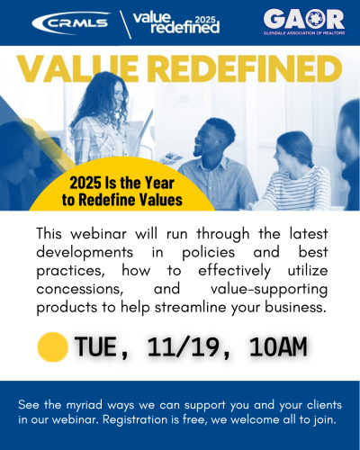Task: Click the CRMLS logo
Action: pyautogui.click(x=71, y=23)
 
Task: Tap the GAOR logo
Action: pyautogui.click(x=304, y=22)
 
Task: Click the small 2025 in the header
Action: pyautogui.click(x=205, y=20)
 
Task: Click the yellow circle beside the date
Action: pyautogui.click(x=53, y=346)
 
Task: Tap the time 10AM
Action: pyautogui.click(x=278, y=346)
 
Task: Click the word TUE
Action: pyautogui.click(x=95, y=346)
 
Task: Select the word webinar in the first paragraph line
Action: pyautogui.click(x=98, y=234)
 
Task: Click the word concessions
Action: pyautogui.click(x=80, y=289)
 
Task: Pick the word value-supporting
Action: pyautogui.click(x=269, y=290)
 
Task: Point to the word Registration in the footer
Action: pyautogui.click(x=135, y=420)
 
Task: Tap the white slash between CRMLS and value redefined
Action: pyautogui.click(x=125, y=24)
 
